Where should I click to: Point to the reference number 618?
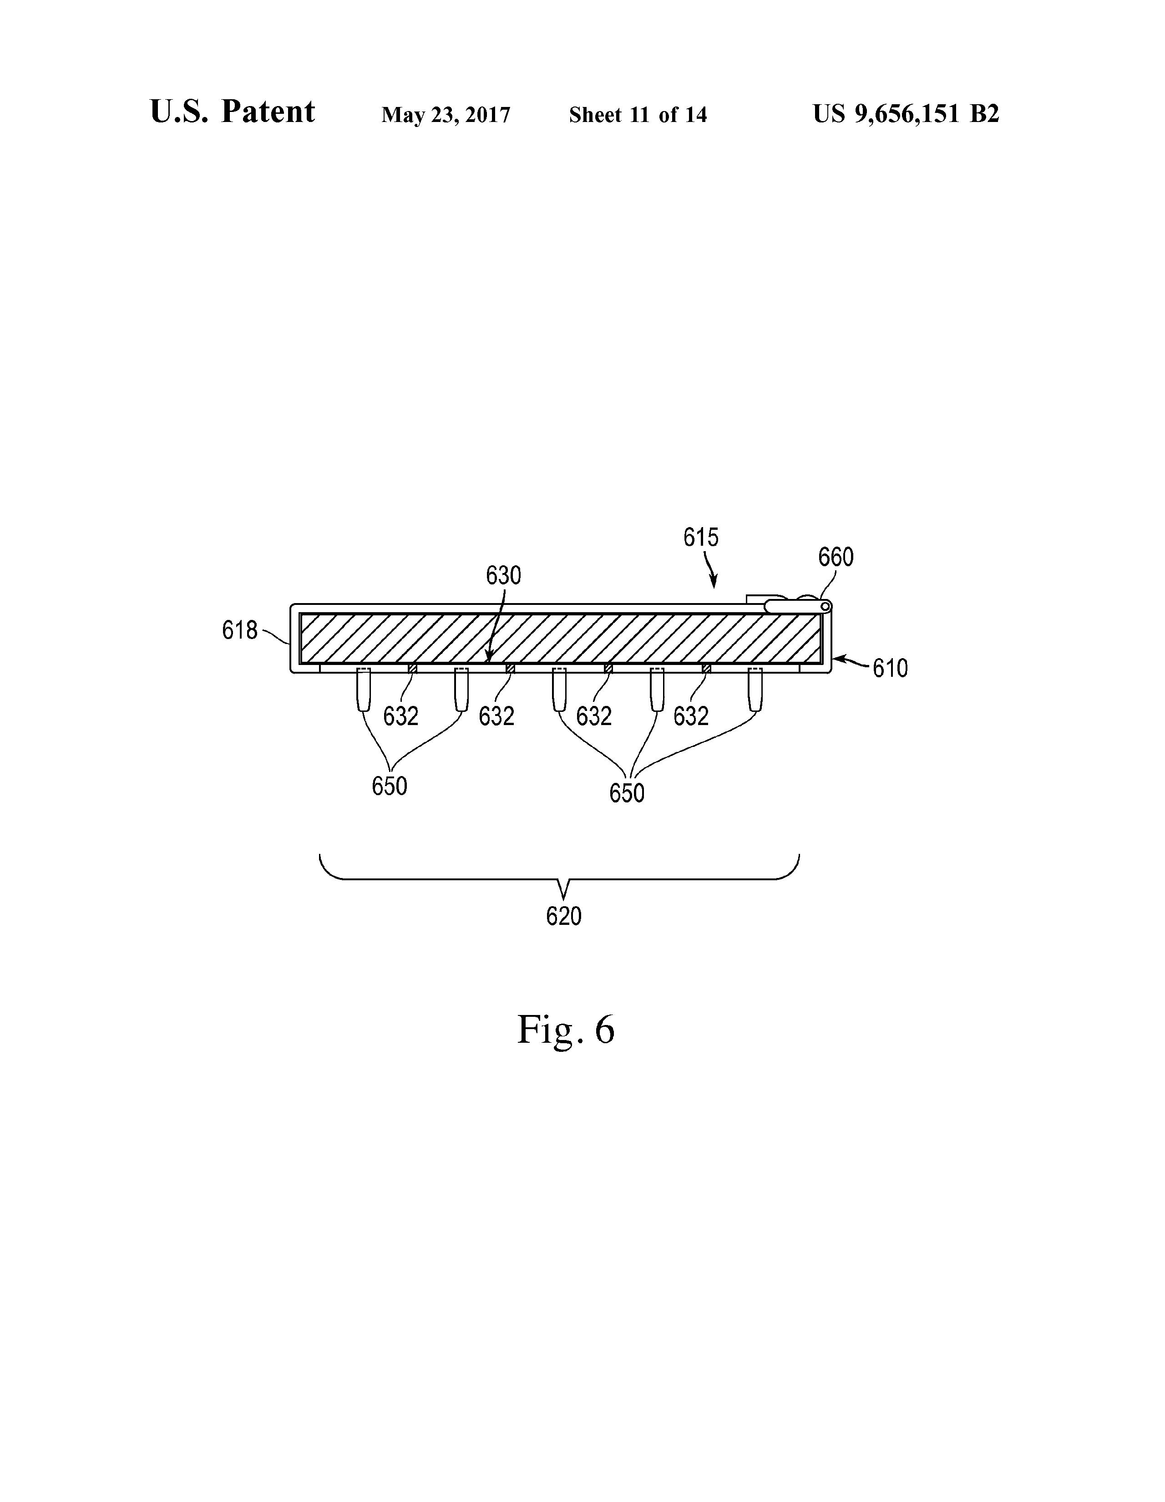pyautogui.click(x=239, y=630)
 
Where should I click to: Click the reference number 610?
pyautogui.click(x=890, y=668)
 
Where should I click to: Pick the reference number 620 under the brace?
pyautogui.click(x=563, y=916)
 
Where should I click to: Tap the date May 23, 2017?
pyautogui.click(x=446, y=115)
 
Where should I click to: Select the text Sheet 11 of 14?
pyautogui.click(x=638, y=115)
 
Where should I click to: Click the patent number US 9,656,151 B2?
pyautogui.click(x=905, y=113)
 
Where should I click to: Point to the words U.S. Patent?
pyautogui.click(x=233, y=112)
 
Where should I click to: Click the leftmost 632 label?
pyautogui.click(x=400, y=716)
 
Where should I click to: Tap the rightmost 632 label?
pyautogui.click(x=690, y=716)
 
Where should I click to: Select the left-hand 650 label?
pyautogui.click(x=389, y=786)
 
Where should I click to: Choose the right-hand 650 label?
pyautogui.click(x=627, y=793)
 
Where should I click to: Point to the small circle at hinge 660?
pyautogui.click(x=825, y=606)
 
